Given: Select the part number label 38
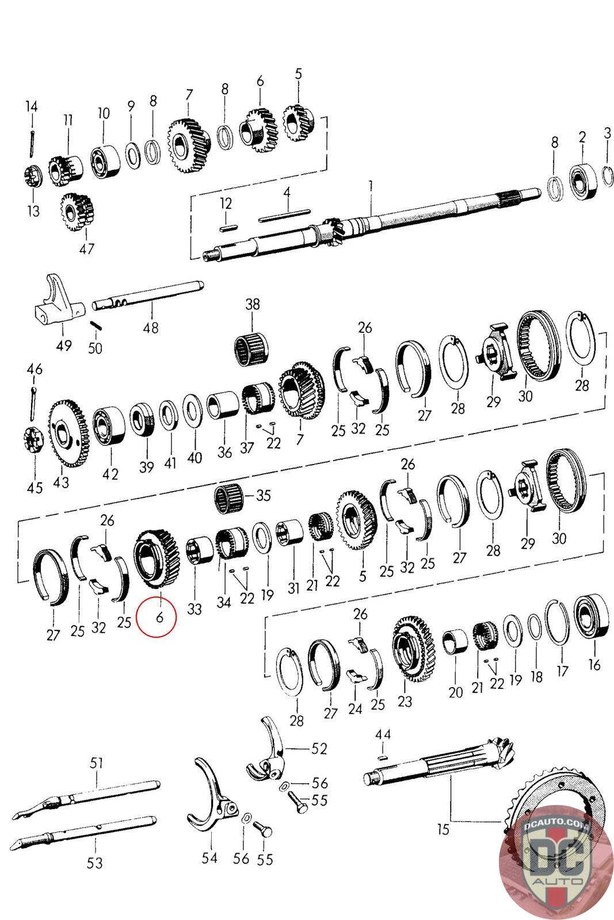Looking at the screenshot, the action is (253, 304).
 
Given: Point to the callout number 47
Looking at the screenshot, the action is (86, 248).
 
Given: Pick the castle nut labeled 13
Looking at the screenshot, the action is (31, 177).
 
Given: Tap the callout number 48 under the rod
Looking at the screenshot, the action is (150, 328).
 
